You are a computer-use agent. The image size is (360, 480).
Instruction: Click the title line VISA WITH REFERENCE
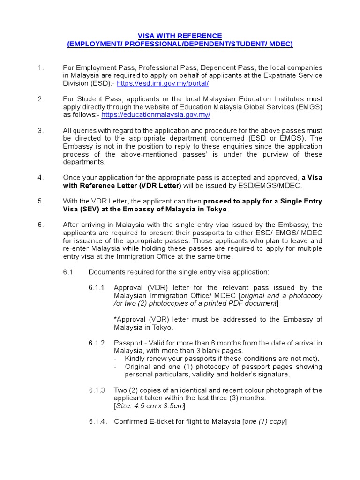[x=180, y=36]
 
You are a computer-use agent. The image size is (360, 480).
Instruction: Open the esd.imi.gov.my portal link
[x=163, y=83]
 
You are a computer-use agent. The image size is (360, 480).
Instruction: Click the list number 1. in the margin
[x=41, y=68]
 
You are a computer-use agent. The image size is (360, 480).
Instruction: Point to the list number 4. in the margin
[x=41, y=178]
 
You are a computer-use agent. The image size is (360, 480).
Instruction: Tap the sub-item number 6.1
[x=68, y=272]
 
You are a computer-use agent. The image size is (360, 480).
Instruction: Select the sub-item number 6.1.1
[x=97, y=288]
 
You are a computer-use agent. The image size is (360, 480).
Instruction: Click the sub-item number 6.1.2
[x=97, y=343]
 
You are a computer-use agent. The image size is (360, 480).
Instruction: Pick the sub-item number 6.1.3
[x=97, y=390]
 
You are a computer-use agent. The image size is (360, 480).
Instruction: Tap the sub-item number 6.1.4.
[x=97, y=421]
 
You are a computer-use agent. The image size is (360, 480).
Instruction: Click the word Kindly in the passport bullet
[x=135, y=359]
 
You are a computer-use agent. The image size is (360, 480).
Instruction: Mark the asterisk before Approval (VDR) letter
[x=115, y=319]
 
